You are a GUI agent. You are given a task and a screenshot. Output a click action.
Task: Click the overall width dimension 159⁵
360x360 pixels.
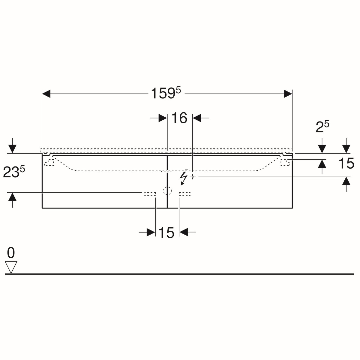point(166,93)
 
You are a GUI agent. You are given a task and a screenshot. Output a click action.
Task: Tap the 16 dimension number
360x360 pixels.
point(179,118)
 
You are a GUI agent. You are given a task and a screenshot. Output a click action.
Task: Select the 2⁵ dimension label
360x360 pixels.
point(322,127)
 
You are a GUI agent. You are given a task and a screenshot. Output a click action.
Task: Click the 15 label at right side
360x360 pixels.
point(346,163)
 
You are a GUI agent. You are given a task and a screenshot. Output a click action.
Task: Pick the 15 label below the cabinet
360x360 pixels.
point(166,232)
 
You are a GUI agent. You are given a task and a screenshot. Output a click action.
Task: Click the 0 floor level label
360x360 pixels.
point(11,253)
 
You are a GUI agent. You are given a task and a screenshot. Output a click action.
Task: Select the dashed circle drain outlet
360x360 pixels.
point(167,191)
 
